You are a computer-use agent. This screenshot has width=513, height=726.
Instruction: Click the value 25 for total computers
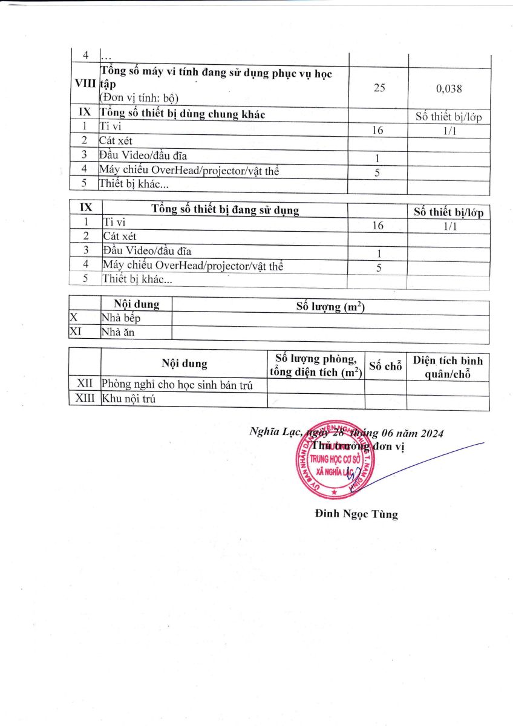pos(379,88)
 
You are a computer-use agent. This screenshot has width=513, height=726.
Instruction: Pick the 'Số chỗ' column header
pos(385,365)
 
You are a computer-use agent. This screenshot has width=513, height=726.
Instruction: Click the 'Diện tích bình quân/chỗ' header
pos(448,367)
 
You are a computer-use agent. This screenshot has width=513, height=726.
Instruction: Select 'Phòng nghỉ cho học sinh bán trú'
pos(176,385)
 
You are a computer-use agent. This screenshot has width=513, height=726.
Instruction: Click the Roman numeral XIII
pos(85,399)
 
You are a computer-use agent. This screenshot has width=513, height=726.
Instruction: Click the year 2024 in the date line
pos(432,433)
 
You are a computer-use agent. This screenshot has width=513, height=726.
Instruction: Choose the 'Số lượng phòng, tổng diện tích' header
pos(316,364)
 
